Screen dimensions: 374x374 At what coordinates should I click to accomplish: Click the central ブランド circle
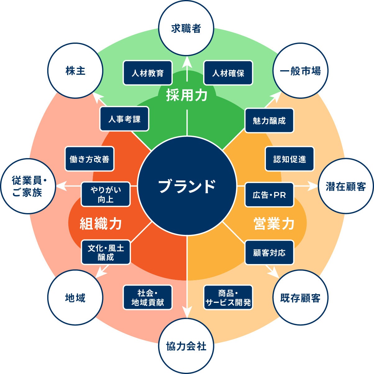187,186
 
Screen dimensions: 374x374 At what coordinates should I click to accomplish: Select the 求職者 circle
186,29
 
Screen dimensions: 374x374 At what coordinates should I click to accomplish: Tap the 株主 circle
75,71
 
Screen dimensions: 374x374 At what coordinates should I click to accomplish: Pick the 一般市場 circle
300,71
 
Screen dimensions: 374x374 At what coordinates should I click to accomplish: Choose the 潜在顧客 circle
345,186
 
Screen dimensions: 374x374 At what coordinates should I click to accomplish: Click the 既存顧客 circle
300,298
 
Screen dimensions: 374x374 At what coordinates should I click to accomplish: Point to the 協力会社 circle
186,346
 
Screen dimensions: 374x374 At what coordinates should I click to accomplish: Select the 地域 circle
75,298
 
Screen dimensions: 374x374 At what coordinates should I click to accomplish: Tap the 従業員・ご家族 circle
28,186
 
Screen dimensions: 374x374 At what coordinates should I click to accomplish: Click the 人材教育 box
148,73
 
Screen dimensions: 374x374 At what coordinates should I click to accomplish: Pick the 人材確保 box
228,73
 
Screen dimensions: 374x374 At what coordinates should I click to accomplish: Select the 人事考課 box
124,119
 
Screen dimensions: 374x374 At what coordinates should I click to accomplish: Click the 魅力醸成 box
269,121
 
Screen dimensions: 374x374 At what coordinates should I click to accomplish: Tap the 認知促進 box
290,159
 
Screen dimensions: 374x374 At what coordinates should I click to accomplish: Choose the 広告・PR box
269,195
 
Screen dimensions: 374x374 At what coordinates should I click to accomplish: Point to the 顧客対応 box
269,253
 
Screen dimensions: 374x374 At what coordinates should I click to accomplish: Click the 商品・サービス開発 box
228,298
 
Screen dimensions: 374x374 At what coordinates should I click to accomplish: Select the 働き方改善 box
89,159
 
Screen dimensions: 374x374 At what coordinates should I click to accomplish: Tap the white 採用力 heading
187,95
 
